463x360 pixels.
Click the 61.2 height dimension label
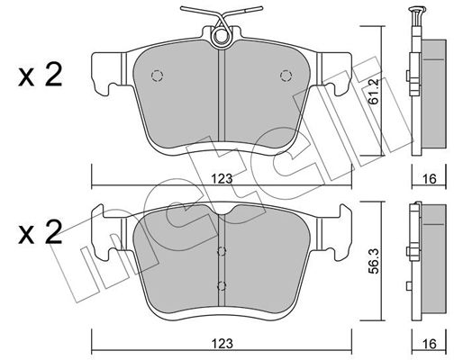(x=374, y=91)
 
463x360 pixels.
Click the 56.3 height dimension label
(x=374, y=260)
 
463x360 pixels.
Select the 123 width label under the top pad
(x=222, y=179)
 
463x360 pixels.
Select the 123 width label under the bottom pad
(x=222, y=344)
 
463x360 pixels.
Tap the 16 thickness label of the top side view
(x=429, y=179)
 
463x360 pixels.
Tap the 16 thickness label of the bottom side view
(x=429, y=344)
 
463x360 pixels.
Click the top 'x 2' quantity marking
(x=41, y=75)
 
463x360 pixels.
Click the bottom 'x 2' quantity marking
(x=41, y=232)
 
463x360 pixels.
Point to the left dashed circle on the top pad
(x=157, y=76)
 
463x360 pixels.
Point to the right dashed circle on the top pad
(x=286, y=76)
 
